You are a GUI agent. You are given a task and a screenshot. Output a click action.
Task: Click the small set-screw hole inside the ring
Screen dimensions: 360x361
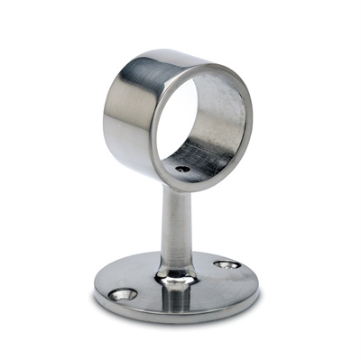pos(182,169)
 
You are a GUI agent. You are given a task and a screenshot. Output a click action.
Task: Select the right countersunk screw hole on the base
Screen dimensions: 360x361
pos(227,265)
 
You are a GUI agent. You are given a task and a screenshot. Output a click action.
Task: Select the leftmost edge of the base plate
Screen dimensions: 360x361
pos(93,289)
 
